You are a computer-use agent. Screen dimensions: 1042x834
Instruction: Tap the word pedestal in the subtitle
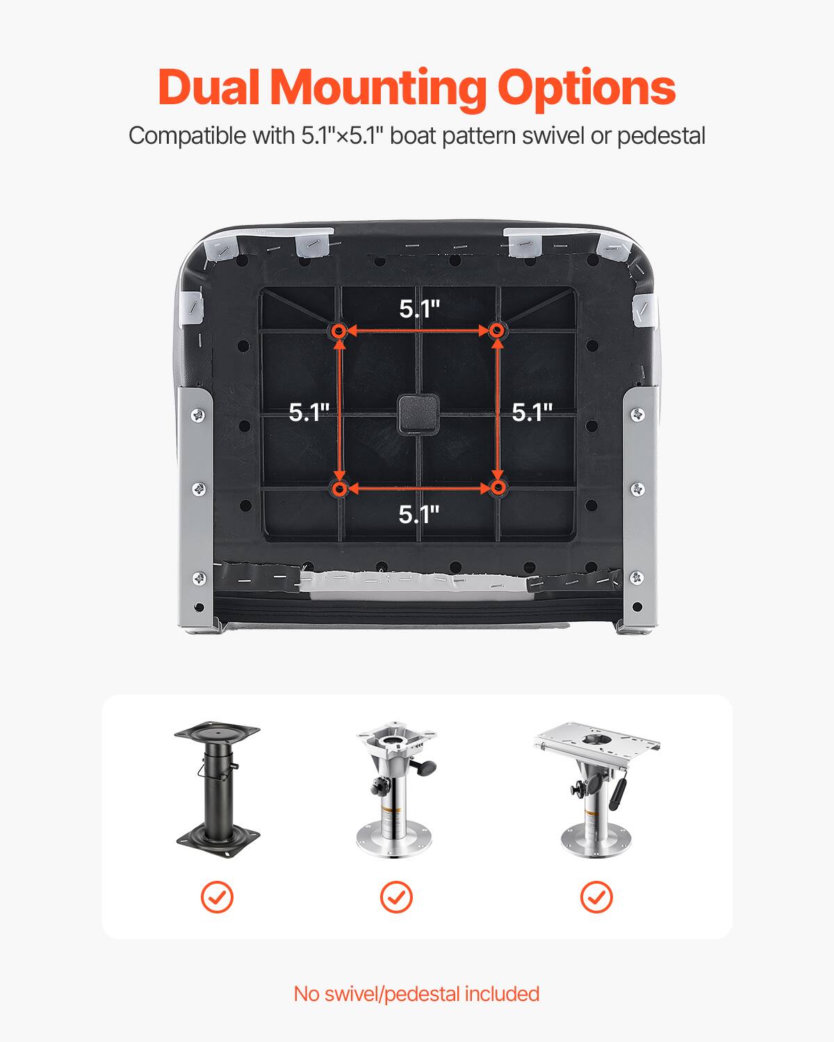(x=661, y=135)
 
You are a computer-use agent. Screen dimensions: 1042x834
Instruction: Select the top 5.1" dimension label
(x=419, y=308)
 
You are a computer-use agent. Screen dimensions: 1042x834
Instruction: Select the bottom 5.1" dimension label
(x=419, y=514)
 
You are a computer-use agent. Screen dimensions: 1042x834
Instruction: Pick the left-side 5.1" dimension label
(x=309, y=412)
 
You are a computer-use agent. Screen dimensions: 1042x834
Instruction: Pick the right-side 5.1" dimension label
(x=532, y=412)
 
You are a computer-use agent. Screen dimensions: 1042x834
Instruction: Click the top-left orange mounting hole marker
(x=339, y=331)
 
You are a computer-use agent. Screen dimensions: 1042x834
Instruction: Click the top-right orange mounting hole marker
(x=496, y=331)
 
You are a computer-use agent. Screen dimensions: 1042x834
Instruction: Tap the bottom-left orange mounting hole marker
(x=339, y=489)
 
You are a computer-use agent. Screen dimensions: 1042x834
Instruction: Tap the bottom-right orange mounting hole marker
(x=496, y=489)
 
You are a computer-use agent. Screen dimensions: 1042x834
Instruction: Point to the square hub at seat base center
(x=418, y=413)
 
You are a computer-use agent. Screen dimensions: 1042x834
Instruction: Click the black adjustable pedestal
(x=218, y=785)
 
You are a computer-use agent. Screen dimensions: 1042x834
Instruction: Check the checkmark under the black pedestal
(x=217, y=897)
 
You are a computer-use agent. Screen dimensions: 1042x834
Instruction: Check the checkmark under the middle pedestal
(x=396, y=897)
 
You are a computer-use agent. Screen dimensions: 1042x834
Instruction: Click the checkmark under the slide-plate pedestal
(x=596, y=897)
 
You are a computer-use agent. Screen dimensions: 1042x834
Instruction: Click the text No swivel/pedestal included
(x=416, y=993)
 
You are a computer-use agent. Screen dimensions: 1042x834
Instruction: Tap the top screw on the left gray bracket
(x=198, y=415)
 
